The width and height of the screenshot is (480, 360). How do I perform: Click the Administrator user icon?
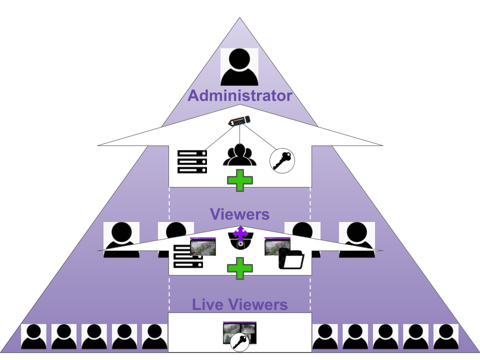coord(239,67)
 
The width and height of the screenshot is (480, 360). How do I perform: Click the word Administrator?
coord(239,95)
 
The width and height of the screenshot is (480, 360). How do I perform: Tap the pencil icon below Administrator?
coord(239,121)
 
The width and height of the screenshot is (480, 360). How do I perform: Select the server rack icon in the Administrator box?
coord(192,161)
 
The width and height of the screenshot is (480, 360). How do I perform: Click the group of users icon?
coord(239,155)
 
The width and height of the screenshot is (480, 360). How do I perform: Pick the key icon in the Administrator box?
coord(282,161)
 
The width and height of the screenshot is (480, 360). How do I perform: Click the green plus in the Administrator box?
coord(240,180)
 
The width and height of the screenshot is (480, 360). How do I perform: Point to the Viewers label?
coord(239,215)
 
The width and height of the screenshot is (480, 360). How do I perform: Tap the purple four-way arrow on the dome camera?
coord(240,233)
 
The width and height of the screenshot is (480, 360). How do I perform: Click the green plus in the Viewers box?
coord(240,268)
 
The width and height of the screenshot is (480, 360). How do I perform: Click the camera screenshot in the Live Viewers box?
coord(239,329)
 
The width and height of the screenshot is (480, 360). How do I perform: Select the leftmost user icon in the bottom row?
coord(33,336)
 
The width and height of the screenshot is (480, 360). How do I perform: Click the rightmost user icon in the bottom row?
coord(446,336)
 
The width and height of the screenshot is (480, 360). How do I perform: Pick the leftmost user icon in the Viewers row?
coord(121,239)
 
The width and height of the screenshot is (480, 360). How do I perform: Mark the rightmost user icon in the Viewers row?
coord(357,239)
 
